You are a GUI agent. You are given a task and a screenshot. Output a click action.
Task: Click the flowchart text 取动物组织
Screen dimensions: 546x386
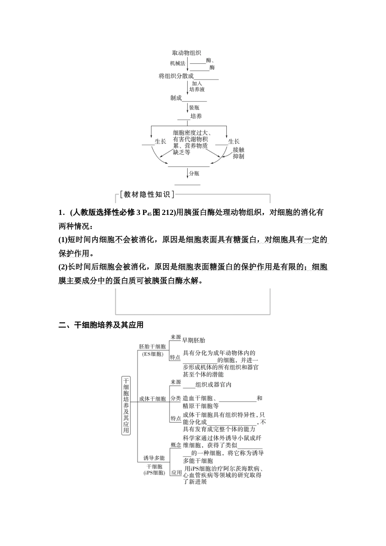[x=186, y=53]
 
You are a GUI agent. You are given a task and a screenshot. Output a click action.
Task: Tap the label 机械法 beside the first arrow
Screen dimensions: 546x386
[x=178, y=63]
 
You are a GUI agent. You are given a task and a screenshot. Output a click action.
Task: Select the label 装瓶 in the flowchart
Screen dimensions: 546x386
[x=194, y=108]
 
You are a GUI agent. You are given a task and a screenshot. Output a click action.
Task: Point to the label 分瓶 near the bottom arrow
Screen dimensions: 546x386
[x=194, y=173]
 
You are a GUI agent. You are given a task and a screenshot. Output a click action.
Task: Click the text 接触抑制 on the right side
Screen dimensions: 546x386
[x=239, y=153]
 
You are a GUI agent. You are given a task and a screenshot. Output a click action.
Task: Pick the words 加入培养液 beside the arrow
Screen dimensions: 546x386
[x=197, y=86]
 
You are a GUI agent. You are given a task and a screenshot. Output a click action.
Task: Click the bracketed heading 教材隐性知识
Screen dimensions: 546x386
[x=147, y=195]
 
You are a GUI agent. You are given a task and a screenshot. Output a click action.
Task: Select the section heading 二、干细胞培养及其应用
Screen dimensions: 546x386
[x=101, y=325]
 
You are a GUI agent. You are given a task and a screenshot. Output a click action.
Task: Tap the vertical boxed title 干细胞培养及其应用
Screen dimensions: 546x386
[x=126, y=405]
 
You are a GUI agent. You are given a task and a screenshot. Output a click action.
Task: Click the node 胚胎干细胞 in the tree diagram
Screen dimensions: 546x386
[x=152, y=347]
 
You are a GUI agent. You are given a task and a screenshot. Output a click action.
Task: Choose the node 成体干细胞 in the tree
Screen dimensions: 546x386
[x=152, y=399]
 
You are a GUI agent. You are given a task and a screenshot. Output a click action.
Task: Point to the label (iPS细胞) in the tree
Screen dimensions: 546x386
[x=154, y=473]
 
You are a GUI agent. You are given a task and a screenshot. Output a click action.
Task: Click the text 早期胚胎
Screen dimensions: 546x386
[x=193, y=340]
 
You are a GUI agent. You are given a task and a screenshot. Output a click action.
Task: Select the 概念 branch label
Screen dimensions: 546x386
[x=176, y=445]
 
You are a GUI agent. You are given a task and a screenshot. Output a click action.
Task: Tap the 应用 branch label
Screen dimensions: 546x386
[x=176, y=472]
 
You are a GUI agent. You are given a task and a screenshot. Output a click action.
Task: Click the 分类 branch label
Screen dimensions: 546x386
[x=176, y=399]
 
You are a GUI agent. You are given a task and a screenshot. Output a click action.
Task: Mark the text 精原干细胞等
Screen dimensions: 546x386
[x=201, y=405]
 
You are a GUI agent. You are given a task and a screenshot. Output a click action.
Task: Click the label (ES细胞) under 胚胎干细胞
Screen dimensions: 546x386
[x=152, y=354]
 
